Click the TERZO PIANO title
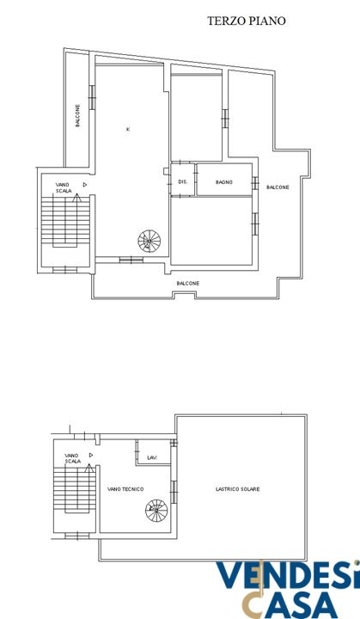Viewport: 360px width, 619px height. [x=247, y=21]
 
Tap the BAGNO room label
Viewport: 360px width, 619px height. [x=223, y=182]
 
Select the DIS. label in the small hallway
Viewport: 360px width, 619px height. [x=183, y=182]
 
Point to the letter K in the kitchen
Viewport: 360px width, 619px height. [x=127, y=129]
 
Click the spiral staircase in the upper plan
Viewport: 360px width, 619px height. [x=149, y=242]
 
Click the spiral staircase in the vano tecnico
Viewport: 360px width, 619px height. [x=156, y=511]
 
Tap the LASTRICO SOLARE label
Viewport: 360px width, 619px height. [x=238, y=489]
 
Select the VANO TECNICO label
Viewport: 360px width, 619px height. [x=125, y=489]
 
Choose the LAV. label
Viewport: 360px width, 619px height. [x=152, y=458]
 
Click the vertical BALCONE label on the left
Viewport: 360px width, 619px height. [x=78, y=115]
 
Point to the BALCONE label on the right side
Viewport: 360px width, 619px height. [x=278, y=187]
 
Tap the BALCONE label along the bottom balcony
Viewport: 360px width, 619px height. [x=188, y=284]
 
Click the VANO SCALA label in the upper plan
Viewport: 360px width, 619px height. [x=64, y=187]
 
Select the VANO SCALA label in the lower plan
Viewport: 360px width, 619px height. [x=73, y=458]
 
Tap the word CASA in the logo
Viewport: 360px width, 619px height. [x=291, y=604]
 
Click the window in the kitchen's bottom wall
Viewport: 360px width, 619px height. [x=131, y=260]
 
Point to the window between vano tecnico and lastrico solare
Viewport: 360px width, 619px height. [x=174, y=492]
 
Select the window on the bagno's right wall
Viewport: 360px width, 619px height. [x=255, y=183]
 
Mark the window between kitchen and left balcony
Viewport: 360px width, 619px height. [x=93, y=97]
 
